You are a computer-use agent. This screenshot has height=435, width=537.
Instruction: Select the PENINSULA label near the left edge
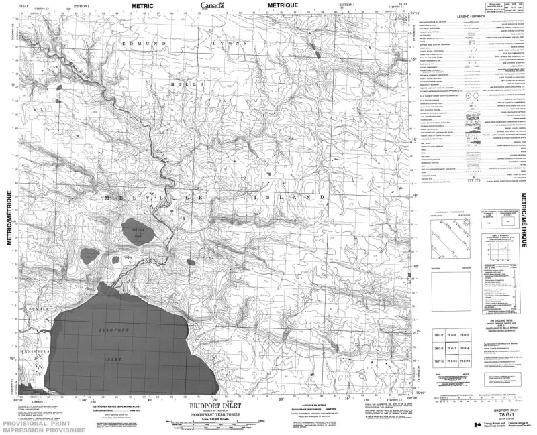26,350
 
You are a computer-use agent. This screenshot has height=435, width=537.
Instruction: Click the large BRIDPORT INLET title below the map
213,406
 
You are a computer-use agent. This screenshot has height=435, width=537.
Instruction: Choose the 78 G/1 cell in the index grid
454,349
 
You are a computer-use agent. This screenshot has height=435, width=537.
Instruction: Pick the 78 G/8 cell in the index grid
454,334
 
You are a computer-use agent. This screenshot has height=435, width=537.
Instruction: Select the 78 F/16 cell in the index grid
454,362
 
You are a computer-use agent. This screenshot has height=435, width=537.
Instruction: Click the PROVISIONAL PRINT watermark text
34,424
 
